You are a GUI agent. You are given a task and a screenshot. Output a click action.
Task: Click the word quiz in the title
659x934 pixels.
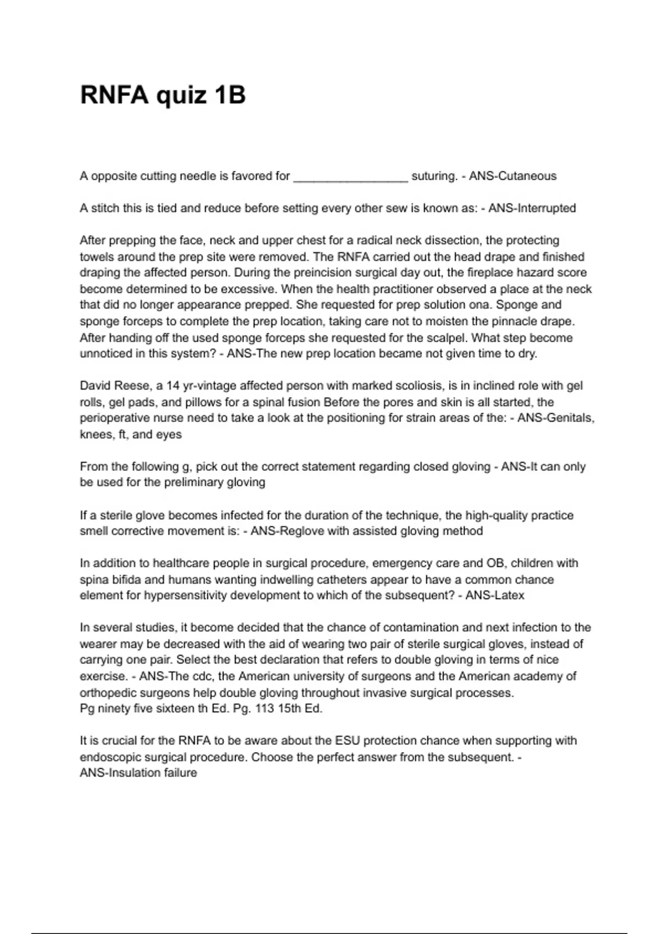[181, 95]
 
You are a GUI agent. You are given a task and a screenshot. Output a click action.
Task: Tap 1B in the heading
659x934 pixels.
[230, 95]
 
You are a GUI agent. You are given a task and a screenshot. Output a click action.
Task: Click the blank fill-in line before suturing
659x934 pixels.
[351, 177]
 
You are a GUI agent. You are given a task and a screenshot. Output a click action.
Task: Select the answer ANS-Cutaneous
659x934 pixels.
[512, 176]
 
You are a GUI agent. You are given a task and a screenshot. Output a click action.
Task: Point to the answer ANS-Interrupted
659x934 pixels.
[532, 208]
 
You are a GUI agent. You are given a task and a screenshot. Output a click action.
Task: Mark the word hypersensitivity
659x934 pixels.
[185, 596]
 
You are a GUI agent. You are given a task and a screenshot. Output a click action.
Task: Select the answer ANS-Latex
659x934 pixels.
[495, 596]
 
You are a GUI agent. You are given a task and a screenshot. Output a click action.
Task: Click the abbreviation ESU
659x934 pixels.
[347, 741]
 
